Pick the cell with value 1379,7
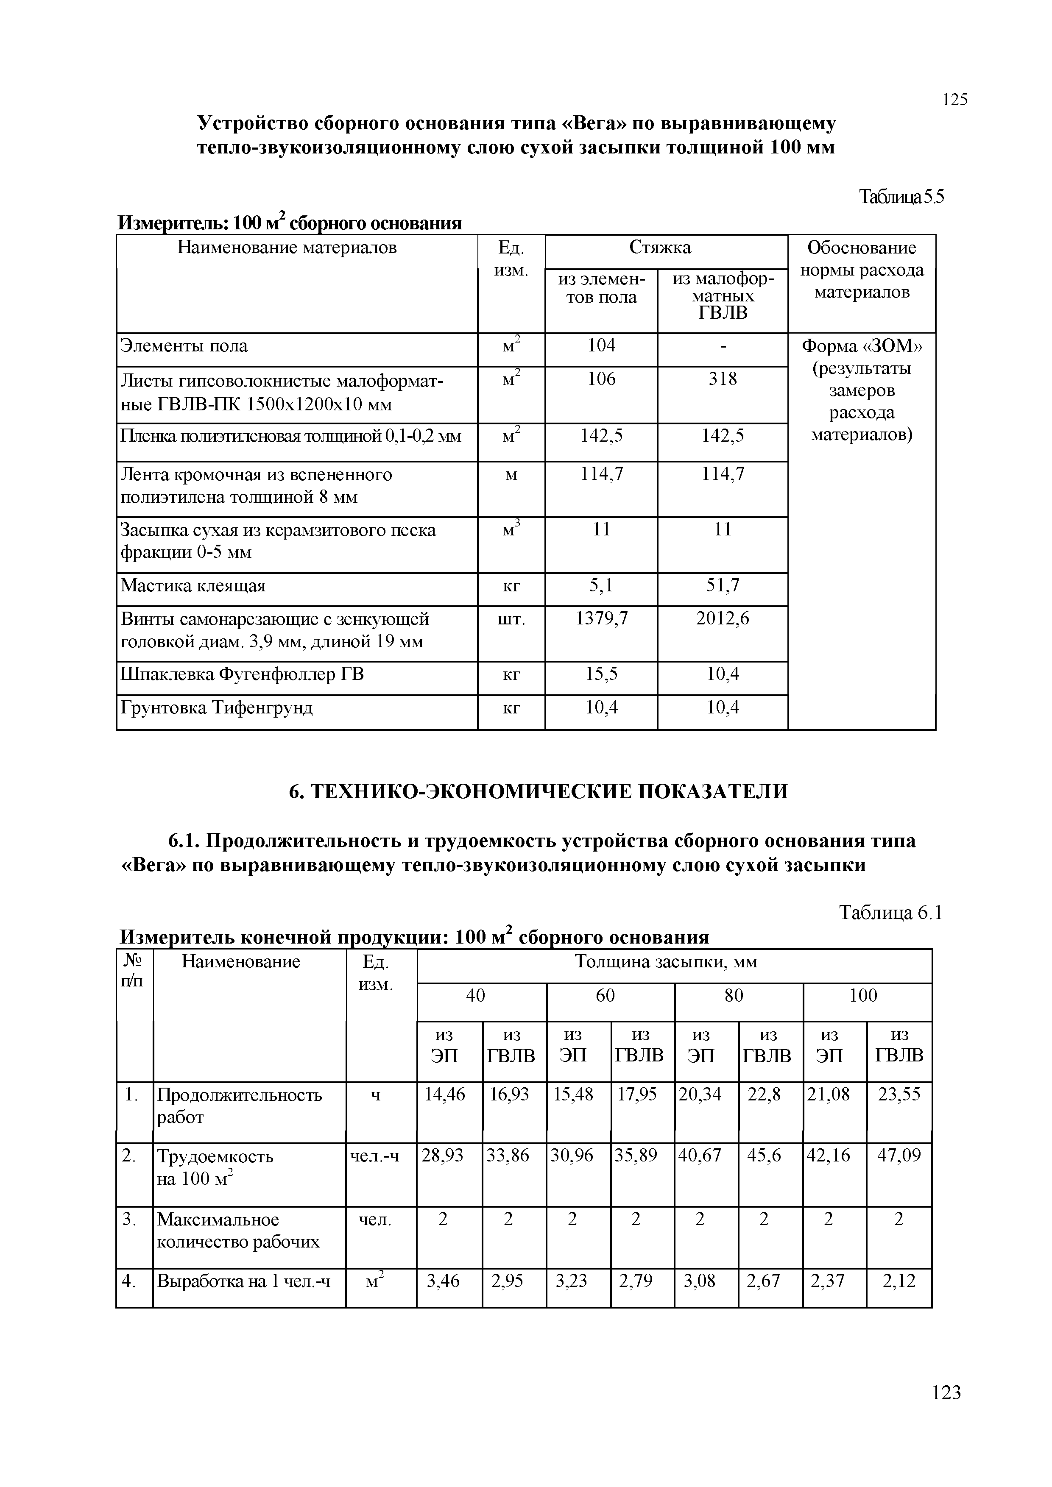click(601, 619)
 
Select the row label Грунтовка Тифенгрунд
click(217, 708)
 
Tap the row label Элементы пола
click(184, 346)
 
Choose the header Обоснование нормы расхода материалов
click(862, 270)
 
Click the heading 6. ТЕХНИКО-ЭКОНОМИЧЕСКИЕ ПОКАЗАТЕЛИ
click(539, 791)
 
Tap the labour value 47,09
click(899, 1156)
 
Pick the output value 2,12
click(899, 1281)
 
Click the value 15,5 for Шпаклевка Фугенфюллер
click(601, 675)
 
